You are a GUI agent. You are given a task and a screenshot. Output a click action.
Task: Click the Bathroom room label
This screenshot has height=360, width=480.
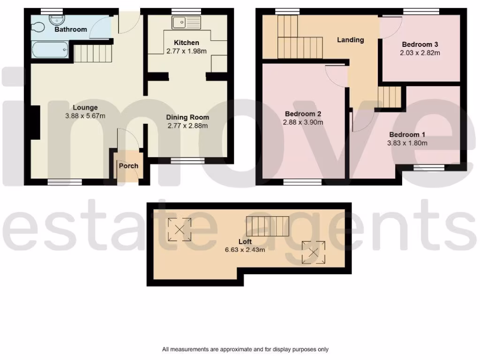[71, 30]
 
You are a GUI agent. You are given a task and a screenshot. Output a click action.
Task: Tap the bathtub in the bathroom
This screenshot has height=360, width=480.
[50, 49]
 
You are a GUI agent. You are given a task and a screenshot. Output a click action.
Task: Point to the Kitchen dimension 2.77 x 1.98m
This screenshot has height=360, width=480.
[187, 51]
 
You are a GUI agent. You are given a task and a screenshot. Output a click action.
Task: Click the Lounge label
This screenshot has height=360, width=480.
[85, 108]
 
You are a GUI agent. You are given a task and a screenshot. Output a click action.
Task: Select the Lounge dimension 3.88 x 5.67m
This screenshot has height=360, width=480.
[85, 116]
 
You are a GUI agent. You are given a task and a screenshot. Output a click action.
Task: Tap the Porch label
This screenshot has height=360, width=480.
[128, 166]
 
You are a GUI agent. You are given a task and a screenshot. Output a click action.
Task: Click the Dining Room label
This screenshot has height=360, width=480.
[188, 117]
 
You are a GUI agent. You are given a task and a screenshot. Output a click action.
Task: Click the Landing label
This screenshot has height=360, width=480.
[351, 40]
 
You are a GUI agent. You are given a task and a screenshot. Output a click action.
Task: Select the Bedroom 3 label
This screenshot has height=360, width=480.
[420, 45]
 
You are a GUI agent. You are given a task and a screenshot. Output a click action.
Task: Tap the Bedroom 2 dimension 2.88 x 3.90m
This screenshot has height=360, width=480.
[303, 122]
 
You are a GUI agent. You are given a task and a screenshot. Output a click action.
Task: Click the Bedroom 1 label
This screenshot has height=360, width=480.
[407, 135]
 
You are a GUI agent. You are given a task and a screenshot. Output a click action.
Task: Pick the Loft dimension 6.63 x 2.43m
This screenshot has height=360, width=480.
[244, 250]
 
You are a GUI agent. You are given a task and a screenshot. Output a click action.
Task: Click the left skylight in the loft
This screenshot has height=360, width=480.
[179, 229]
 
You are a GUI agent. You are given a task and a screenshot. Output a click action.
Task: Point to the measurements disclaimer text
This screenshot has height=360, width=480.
[245, 349]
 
